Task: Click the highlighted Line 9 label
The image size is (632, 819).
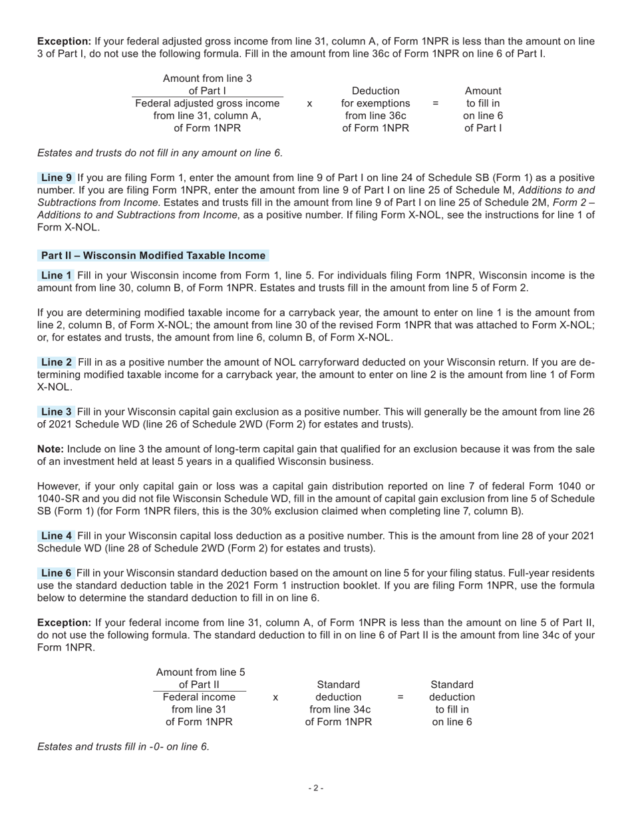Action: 57,178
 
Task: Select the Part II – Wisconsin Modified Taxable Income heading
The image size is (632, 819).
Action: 154,256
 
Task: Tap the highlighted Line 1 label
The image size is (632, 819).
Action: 57,276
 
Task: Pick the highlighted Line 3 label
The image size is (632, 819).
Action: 57,411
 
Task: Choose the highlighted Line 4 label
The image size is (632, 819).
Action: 57,536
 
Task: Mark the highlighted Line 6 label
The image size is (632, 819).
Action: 57,573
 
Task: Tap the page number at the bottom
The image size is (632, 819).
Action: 316,788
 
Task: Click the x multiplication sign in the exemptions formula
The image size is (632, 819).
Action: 309,104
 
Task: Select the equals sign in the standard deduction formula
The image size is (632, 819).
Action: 400,697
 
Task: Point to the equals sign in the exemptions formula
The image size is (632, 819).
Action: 435,104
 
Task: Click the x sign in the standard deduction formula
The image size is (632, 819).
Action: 275,697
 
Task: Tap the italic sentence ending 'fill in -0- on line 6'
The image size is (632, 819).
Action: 123,746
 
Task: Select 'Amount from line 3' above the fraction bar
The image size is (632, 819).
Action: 208,79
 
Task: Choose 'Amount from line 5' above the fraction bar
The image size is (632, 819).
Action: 200,672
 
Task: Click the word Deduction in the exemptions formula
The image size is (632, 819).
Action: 376,91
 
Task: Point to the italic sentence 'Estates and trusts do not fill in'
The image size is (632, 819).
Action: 160,153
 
